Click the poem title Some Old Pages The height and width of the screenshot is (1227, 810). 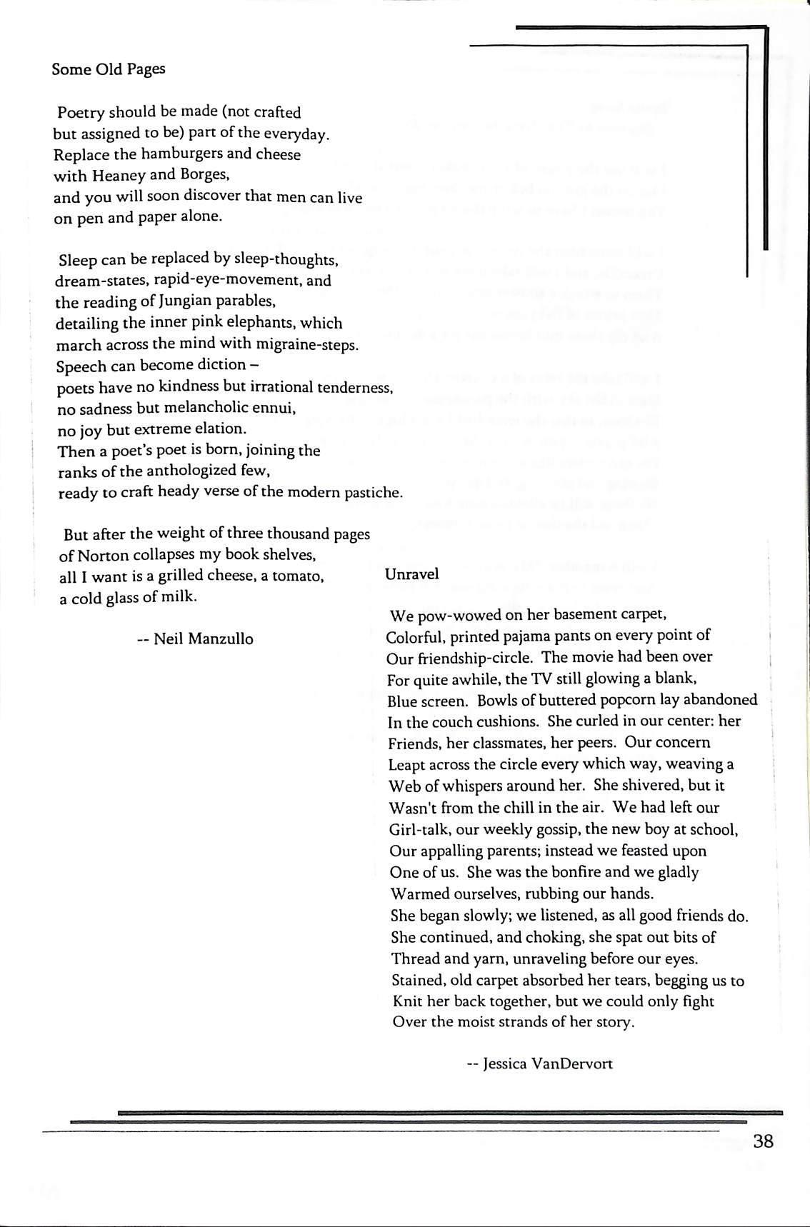[109, 69]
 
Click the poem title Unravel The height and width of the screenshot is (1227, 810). [411, 574]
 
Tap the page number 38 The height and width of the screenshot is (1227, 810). [763, 1141]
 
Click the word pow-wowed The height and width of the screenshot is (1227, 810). [451, 614]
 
